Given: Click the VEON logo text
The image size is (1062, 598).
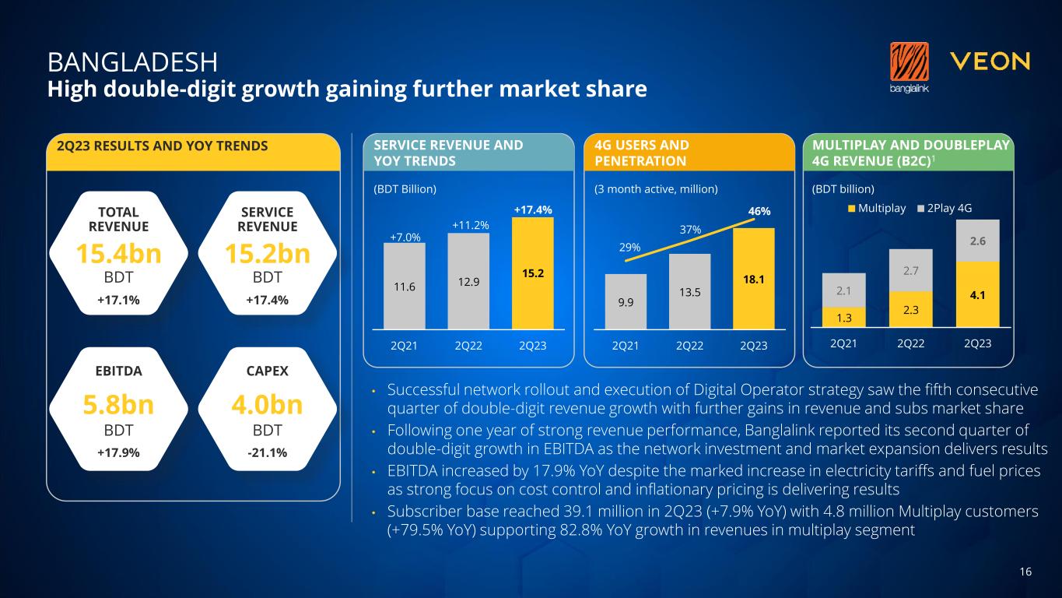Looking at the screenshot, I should [990, 62].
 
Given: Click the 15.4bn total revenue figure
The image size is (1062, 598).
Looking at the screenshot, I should [118, 255].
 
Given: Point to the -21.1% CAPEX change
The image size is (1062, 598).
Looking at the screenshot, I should [267, 452].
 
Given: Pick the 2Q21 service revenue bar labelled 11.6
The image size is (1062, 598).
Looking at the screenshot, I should [404, 286].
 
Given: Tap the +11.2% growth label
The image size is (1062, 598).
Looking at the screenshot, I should [469, 225].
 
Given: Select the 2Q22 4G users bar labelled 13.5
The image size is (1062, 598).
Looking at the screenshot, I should [689, 291].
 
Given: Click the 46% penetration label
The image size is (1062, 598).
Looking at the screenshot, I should [759, 212].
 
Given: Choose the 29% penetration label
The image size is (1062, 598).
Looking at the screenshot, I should [629, 247].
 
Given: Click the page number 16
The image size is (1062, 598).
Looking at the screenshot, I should [1025, 572].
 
